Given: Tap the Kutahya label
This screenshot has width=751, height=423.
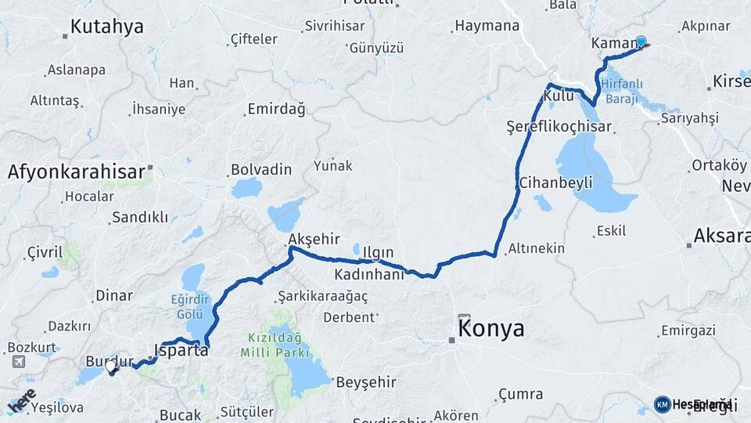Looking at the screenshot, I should pos(106,27).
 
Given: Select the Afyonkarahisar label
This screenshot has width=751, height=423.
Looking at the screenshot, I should pos(77,172).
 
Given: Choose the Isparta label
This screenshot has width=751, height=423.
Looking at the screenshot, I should pos(181,350).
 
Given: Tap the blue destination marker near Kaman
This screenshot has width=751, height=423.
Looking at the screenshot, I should pos(641,42).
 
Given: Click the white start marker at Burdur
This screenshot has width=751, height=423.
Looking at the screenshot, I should pos(111,365).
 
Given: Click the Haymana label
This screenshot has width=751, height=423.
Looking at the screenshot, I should pos(487,26).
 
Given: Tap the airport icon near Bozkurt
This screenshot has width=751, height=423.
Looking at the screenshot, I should pos(17,362).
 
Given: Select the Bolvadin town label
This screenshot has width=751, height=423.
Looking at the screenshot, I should pos(261,169).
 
